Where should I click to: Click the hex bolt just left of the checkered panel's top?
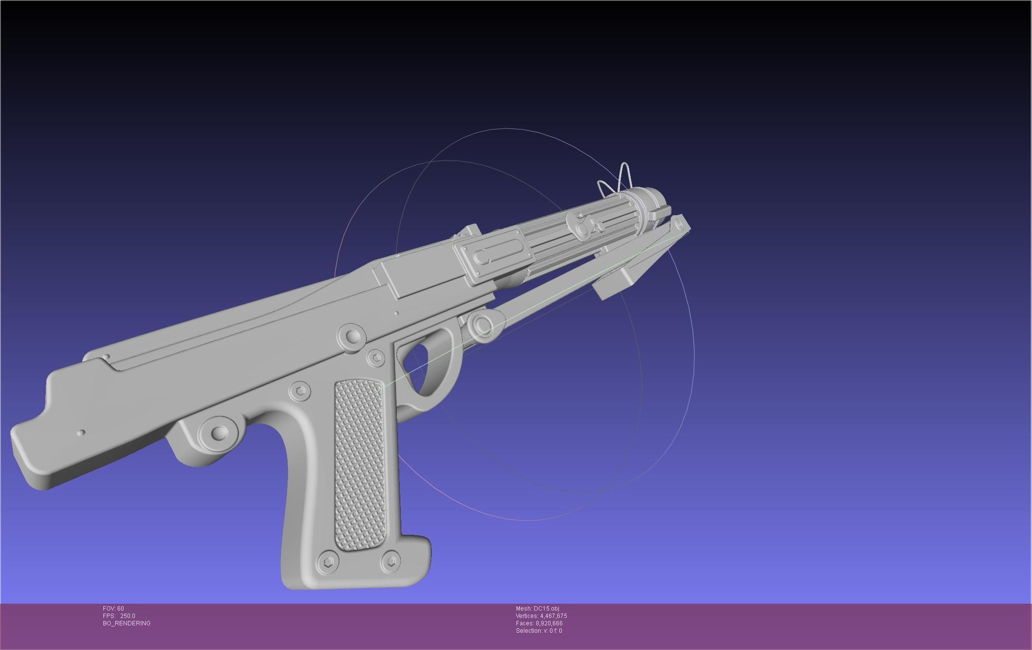point(300,391)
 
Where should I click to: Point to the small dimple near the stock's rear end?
point(81,432)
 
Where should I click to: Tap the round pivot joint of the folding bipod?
point(482,325)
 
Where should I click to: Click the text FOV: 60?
point(113,609)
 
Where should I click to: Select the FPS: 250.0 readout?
point(119,616)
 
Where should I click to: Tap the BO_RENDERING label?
point(127,623)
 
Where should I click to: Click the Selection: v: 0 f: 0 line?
point(539,631)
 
